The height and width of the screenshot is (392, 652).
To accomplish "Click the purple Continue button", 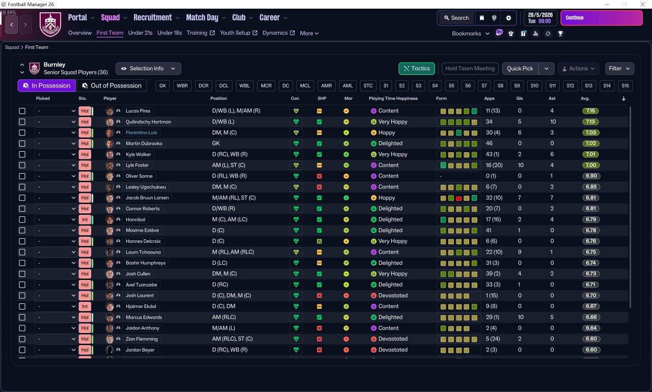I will click(601, 18).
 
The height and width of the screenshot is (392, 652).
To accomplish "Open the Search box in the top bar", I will click(456, 18).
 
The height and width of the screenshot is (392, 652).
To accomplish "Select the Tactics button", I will click(417, 68).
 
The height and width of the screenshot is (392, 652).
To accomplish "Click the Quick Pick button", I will click(520, 68).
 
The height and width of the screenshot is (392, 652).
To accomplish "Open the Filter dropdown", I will click(619, 68).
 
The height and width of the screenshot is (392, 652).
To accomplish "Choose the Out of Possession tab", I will click(112, 86).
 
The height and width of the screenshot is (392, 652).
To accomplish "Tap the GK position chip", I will click(163, 86).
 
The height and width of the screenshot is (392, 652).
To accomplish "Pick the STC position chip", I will click(368, 86).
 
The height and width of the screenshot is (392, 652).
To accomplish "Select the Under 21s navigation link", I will click(140, 33).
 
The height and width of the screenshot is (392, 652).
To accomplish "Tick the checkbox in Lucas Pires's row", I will click(22, 111).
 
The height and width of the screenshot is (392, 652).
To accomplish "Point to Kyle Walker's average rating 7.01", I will click(590, 154).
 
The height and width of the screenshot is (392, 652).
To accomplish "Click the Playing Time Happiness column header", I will click(394, 98).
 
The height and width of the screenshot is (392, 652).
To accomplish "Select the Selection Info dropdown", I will click(148, 68).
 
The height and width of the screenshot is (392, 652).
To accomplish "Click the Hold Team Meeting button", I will click(470, 68).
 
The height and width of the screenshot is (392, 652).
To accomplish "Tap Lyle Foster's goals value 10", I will click(520, 165).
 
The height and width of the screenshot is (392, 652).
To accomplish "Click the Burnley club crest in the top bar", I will click(50, 24).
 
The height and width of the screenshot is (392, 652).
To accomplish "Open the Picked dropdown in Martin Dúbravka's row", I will click(56, 144).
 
